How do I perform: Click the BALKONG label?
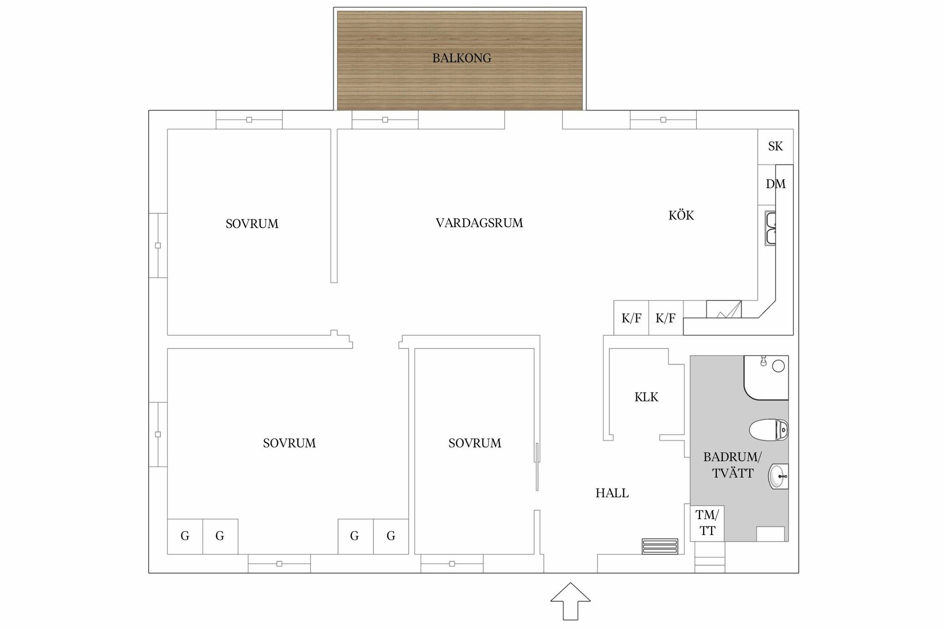point(461,58)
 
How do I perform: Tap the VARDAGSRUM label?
point(479,223)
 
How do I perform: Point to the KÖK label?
point(681,215)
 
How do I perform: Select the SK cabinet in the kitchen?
point(775,147)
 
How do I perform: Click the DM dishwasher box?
point(767,185)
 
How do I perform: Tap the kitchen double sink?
point(770,228)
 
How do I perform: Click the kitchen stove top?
point(724,309)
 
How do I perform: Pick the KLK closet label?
point(646,397)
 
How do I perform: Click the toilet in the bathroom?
point(769,429)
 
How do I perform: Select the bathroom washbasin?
point(779,476)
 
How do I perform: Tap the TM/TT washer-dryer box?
point(707,523)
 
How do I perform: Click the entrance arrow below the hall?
point(571,601)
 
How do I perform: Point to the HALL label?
point(612,493)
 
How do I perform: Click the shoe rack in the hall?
point(660,546)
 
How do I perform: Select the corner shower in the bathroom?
point(766,377)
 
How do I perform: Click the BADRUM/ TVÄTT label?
point(732,465)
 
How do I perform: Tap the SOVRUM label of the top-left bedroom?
point(252,224)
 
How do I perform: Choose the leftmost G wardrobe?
point(185,536)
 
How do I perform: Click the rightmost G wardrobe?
point(391,536)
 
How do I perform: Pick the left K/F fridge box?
point(631,318)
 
